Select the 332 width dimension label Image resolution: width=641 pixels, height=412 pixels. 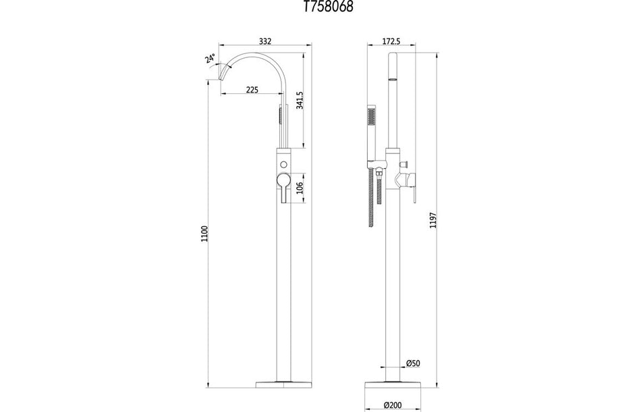[x=264, y=41]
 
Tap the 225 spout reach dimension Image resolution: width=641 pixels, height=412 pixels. [x=252, y=89]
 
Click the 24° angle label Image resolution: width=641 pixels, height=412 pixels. [x=211, y=59]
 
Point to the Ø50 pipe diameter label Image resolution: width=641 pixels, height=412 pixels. [x=413, y=363]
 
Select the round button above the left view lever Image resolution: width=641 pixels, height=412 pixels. [x=283, y=165]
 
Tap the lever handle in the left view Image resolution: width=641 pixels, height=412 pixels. [x=282, y=187]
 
